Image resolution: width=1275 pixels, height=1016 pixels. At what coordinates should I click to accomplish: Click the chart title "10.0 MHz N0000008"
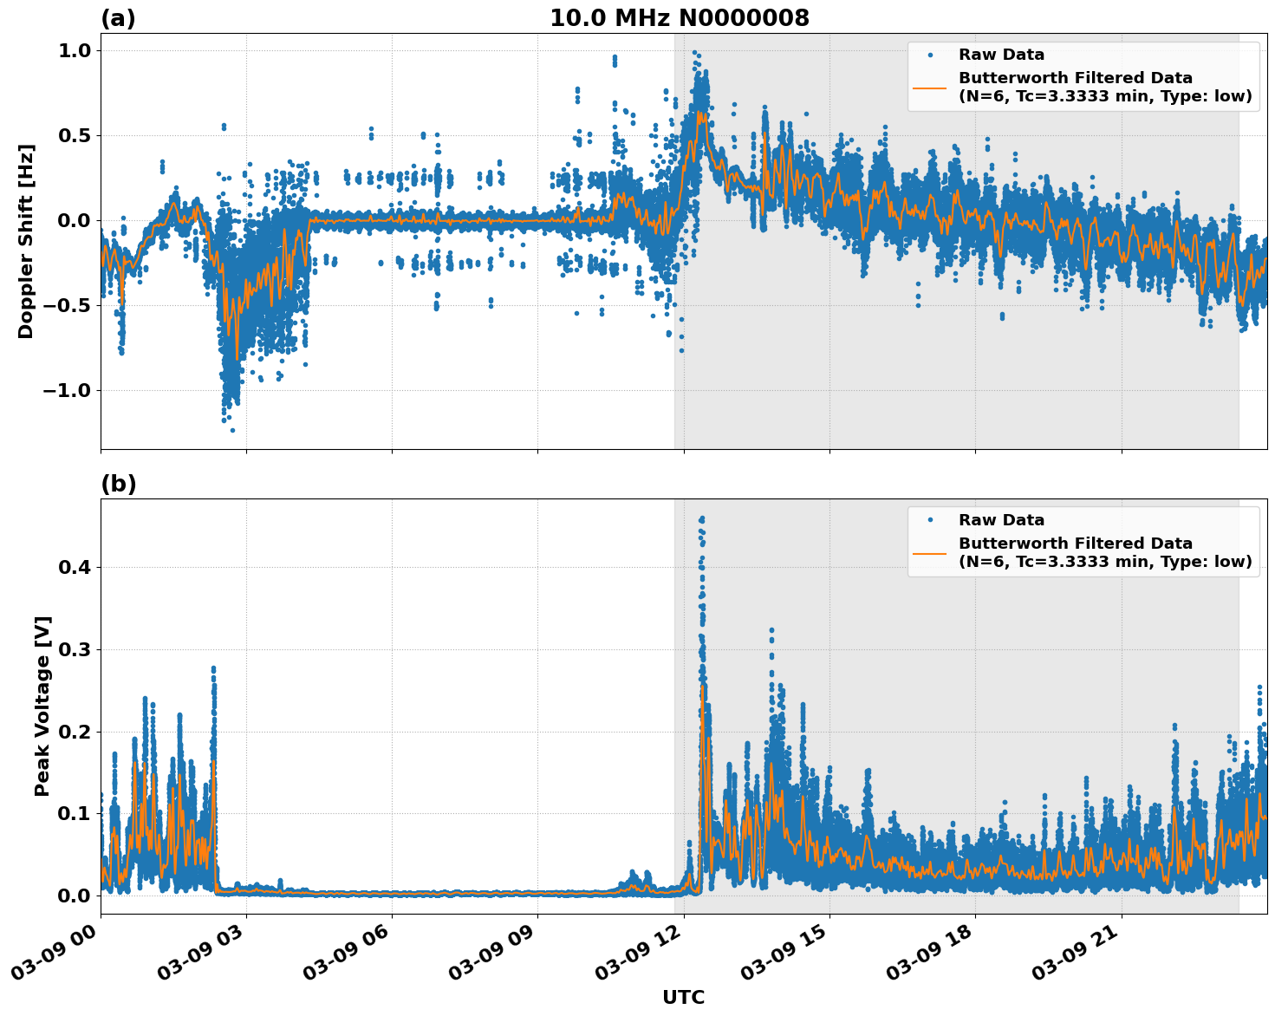[x=679, y=18]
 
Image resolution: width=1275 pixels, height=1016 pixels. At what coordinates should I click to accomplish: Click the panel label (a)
[x=118, y=18]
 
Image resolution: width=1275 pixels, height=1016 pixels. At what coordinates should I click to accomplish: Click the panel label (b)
[x=118, y=484]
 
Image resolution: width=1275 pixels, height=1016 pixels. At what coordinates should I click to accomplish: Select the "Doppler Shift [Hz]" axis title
[x=26, y=241]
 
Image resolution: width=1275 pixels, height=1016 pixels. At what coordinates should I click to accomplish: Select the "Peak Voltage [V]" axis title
[x=42, y=706]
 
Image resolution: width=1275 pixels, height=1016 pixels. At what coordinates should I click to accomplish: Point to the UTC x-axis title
[x=683, y=997]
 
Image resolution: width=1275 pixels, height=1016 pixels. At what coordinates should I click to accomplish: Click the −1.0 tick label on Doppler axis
[x=67, y=390]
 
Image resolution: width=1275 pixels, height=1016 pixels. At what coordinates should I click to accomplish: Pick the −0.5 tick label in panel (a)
[x=67, y=305]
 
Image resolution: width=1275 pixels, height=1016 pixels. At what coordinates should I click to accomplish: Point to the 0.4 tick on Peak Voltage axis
[x=74, y=567]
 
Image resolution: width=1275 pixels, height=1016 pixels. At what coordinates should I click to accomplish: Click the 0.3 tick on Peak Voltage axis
[x=74, y=649]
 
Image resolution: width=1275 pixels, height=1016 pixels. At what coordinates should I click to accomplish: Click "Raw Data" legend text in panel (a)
[x=1001, y=55]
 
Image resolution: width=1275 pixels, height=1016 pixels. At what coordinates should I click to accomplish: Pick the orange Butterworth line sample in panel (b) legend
[x=930, y=552]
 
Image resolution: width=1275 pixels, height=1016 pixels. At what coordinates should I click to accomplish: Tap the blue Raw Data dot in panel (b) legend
[x=930, y=520]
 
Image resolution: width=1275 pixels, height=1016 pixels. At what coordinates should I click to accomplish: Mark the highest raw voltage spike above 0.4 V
[x=701, y=518]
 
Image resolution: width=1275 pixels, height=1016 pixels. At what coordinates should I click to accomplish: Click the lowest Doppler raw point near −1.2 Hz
[x=231, y=430]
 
